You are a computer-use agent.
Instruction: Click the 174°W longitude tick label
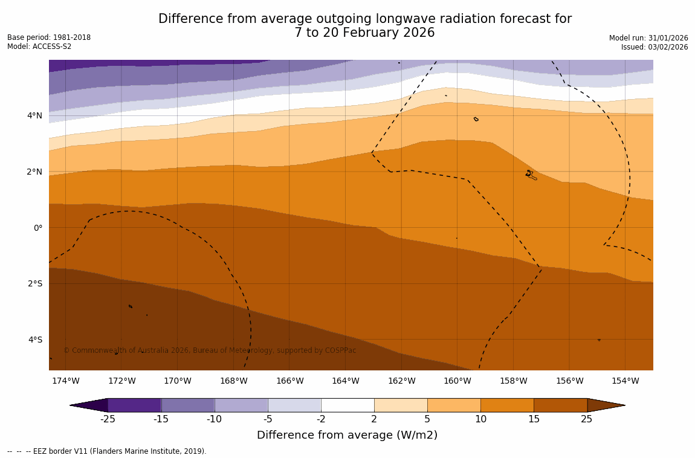65,381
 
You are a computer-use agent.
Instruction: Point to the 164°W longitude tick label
345,381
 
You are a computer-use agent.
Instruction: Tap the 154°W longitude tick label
625,381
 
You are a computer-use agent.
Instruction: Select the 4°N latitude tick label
35,115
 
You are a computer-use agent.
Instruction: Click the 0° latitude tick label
37,228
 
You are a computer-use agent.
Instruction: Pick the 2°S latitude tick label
35,283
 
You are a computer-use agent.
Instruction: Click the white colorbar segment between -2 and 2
347,405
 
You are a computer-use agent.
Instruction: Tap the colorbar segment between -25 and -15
134,405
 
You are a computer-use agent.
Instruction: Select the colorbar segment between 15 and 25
560,405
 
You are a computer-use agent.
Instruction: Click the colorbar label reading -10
215,419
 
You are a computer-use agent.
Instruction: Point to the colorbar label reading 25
587,419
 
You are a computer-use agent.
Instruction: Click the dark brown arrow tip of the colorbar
605,405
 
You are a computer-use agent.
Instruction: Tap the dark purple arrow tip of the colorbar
90,405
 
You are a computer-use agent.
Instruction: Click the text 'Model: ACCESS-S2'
39,47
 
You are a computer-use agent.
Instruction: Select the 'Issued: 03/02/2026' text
655,47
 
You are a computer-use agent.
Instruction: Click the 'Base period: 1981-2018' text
49,37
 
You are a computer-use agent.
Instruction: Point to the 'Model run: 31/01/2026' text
648,38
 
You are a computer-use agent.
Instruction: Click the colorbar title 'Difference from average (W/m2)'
347,435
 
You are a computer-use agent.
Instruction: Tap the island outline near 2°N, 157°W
531,175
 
